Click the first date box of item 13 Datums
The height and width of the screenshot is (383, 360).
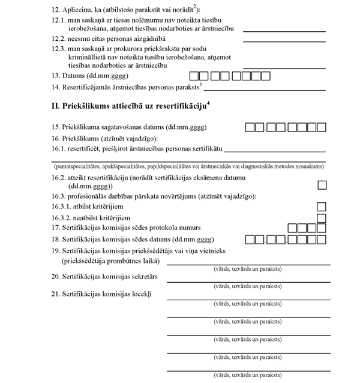[x=194, y=76]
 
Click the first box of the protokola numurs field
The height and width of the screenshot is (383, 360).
[x=293, y=228]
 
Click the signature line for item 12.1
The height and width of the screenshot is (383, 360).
[x=284, y=30]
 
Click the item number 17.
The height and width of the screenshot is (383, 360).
[x=56, y=228]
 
